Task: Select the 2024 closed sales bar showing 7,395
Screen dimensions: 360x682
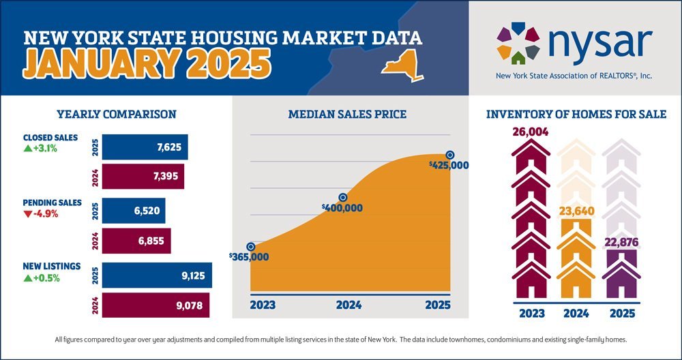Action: [143, 177]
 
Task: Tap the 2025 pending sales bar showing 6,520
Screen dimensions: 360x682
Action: [133, 211]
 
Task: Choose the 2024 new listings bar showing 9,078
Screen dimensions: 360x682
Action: [155, 305]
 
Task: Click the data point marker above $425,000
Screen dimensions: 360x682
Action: [449, 155]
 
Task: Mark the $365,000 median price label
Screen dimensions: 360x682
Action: [250, 257]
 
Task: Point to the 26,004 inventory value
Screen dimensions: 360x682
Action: [531, 131]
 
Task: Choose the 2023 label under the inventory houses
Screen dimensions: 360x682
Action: [531, 314]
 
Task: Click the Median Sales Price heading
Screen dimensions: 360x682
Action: [348, 114]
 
